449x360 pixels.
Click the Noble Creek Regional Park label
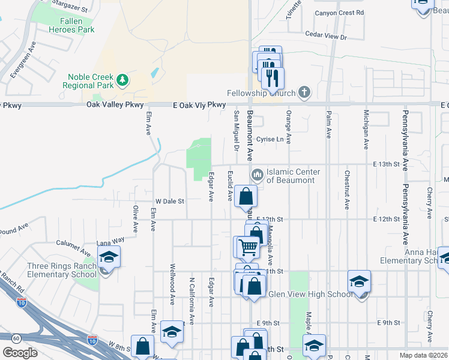click(90, 81)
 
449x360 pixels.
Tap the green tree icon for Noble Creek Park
click(122, 79)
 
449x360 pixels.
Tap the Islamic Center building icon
click(258, 175)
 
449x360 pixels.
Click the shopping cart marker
click(248, 246)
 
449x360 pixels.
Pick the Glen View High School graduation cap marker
click(359, 281)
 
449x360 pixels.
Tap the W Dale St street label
click(169, 202)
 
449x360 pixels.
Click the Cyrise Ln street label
click(270, 139)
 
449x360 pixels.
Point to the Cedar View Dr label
click(326, 37)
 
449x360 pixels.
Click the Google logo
click(20, 353)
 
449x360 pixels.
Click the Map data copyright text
click(423, 355)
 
